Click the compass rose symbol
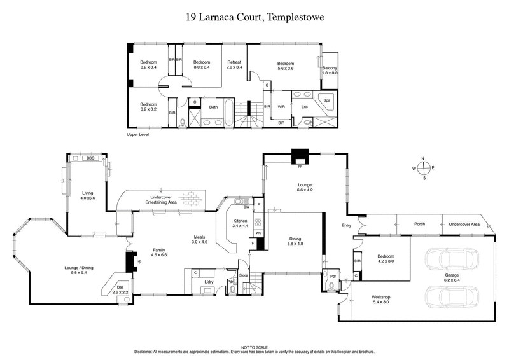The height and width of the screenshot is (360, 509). point(423,169)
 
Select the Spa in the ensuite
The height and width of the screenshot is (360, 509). point(327,101)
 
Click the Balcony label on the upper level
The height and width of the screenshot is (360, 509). point(330,71)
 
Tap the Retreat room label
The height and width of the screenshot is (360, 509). point(234,64)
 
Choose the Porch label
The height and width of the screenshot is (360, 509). point(419,224)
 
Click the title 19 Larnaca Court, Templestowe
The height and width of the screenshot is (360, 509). point(254,17)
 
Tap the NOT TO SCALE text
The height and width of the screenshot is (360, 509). point(254,346)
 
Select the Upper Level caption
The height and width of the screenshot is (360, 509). point(137,135)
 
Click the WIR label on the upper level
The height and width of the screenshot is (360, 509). point(281,107)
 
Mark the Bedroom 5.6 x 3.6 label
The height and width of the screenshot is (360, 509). point(285,66)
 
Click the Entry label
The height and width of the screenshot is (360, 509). point(346,225)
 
